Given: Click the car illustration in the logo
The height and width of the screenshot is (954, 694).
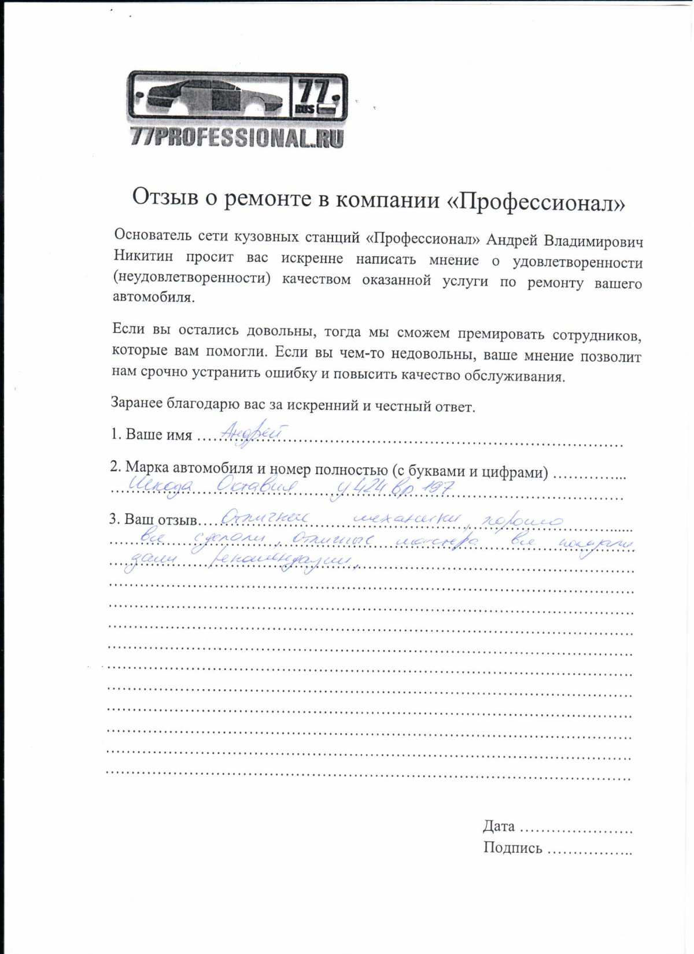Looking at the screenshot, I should (x=211, y=97).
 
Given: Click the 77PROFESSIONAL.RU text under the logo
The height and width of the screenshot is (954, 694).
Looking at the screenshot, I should (x=237, y=138).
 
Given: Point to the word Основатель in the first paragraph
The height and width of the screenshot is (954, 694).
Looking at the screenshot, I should (x=152, y=235).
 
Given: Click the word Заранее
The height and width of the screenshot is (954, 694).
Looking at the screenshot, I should (x=137, y=402).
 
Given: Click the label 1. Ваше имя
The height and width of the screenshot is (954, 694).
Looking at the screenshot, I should (x=152, y=435).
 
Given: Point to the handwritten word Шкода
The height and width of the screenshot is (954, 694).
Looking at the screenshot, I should (x=160, y=485).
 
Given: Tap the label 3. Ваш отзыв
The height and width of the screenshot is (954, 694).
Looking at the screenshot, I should (x=153, y=519).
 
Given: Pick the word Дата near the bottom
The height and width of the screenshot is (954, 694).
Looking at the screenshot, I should (x=499, y=826).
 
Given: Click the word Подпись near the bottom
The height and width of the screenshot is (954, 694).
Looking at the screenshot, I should (x=512, y=848).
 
